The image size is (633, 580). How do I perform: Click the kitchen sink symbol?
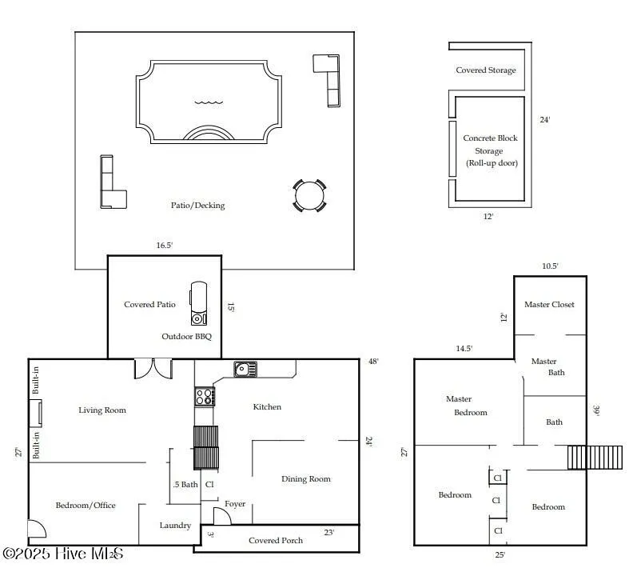point(245,369)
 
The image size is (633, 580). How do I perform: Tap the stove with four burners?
point(204,397)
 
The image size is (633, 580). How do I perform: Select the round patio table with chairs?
point(309,195)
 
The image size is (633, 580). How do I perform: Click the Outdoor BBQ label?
point(186,337)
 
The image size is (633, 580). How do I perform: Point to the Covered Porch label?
point(276,540)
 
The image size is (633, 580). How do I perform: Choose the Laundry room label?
point(175,526)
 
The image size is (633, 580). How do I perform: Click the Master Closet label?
point(549,305)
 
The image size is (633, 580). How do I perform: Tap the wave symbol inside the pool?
point(209,102)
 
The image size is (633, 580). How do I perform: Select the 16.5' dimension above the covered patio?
point(164,246)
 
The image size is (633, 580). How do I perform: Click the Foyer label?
point(235,504)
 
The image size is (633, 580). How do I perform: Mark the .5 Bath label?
point(185,484)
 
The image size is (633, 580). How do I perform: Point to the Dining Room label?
point(305,479)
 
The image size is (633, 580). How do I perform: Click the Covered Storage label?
point(485,70)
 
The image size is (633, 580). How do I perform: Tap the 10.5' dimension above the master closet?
point(550,266)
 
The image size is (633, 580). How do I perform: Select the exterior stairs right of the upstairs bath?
point(595,458)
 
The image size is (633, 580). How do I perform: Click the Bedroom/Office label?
point(86,505)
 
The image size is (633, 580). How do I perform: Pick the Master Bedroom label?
point(465,406)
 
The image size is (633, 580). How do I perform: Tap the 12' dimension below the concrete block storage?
point(488,217)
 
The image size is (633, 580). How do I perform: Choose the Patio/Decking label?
point(197,206)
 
